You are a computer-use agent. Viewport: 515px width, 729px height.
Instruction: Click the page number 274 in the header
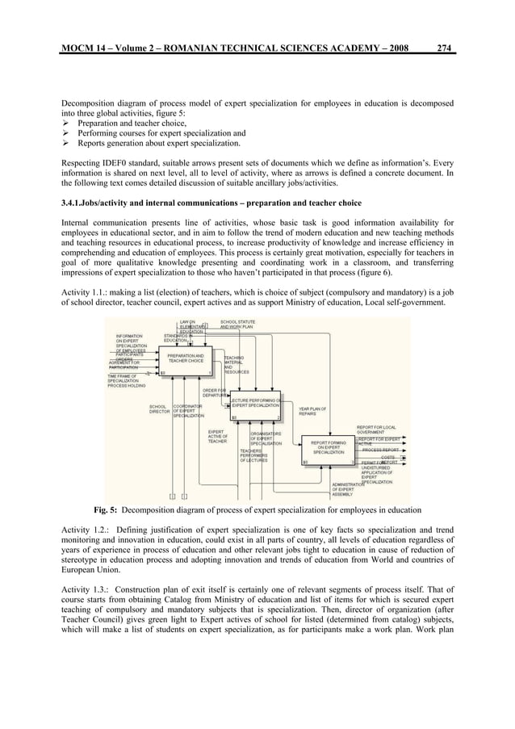pos(443,48)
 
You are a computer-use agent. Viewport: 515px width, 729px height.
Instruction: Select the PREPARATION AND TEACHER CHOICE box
pos(185,360)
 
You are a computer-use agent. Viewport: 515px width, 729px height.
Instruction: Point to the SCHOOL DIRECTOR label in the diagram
pos(159,408)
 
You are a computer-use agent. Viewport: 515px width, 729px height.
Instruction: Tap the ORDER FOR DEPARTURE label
pos(214,392)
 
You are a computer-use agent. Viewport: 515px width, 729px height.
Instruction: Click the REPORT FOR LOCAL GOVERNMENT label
pos(375,429)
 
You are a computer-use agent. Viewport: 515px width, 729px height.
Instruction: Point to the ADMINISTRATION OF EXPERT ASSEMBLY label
pos(351,490)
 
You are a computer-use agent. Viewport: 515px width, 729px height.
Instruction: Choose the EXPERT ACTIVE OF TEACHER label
pos(218,437)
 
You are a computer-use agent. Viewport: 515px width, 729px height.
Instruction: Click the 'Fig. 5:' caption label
pos(107,510)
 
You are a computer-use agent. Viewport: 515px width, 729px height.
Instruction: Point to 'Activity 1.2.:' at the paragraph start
pos(87,530)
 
